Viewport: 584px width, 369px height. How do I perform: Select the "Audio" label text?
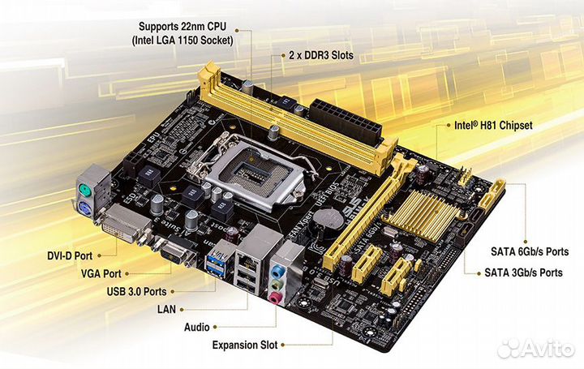(x=198, y=327)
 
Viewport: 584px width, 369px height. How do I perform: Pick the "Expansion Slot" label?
(x=244, y=345)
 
